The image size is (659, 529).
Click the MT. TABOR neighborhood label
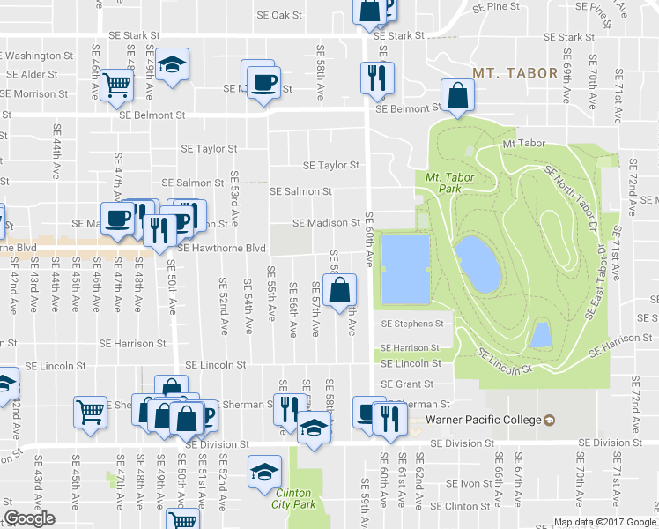point(515,73)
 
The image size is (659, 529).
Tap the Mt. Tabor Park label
point(444,183)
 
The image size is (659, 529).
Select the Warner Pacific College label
point(481,419)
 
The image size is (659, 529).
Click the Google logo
point(29,519)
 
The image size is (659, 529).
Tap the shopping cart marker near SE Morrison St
point(116,85)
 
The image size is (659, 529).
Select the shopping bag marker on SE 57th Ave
point(339,289)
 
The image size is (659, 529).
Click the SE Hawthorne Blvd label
point(221,249)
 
